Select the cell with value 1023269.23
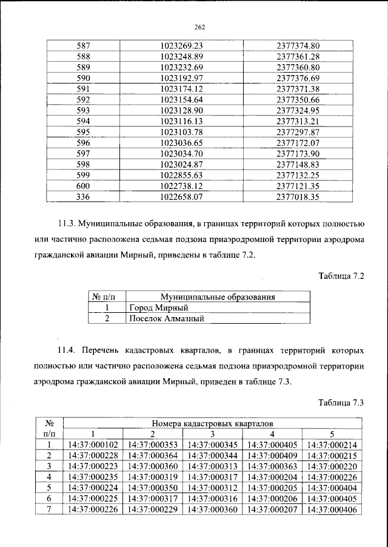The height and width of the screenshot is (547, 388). [181, 45]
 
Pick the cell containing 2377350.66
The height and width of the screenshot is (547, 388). [297, 100]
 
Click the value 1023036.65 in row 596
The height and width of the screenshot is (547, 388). [181, 143]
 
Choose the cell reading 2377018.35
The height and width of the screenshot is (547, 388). [297, 197]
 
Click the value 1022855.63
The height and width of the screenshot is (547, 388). [181, 175]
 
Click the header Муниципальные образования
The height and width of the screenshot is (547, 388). [218, 297]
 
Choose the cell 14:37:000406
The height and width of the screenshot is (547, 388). [332, 511]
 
